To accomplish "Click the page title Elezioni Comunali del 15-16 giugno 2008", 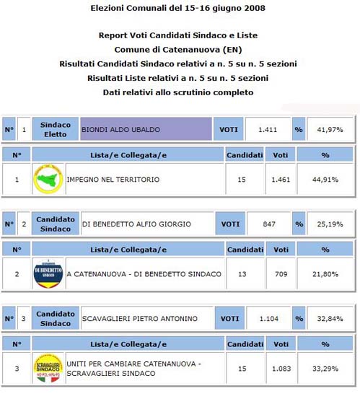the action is (x=177, y=9).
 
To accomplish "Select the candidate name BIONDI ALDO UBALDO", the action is (x=120, y=130).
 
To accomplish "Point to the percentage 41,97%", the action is (x=328, y=130).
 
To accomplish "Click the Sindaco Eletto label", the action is (x=56, y=130).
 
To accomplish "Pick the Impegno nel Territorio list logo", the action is (x=48, y=180).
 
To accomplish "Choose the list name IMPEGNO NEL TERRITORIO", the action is (x=113, y=180).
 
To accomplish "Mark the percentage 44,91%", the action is (x=325, y=180).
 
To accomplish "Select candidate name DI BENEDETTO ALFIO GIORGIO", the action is (x=134, y=224).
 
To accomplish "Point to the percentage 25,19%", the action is (x=328, y=224).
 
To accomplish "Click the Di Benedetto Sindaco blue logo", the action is (x=48, y=274).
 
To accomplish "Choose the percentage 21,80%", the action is (x=325, y=274).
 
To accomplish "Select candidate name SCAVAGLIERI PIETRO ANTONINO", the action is (x=139, y=319).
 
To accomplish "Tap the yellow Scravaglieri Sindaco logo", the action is (x=48, y=369).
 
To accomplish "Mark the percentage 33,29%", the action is (x=325, y=369).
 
